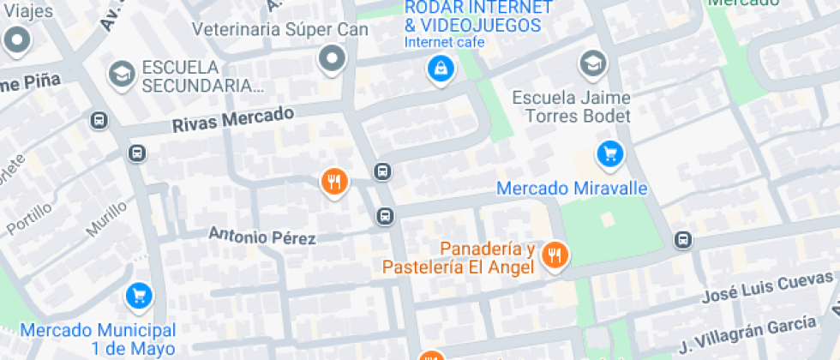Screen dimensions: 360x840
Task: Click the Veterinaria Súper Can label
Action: point(280,30)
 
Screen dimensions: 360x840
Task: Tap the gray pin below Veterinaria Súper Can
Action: point(331,59)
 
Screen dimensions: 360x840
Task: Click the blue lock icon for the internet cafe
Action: point(440,69)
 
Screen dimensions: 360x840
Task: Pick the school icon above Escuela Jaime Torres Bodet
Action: point(591,63)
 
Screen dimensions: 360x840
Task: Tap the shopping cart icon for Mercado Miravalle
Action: point(609,154)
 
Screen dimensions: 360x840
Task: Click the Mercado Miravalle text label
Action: point(572,188)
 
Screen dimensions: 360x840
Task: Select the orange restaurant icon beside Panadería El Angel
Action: point(556,254)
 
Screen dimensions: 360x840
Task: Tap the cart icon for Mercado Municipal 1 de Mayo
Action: point(139,296)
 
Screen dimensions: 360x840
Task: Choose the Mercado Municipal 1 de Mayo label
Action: point(98,339)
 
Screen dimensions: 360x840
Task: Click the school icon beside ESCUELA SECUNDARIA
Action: point(122,74)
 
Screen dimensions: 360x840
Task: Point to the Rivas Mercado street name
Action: point(232,118)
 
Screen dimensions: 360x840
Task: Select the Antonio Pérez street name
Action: point(262,236)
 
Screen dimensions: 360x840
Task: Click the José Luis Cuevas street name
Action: point(767,287)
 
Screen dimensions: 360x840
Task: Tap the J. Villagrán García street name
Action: point(747,333)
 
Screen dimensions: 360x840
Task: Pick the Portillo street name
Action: point(29,214)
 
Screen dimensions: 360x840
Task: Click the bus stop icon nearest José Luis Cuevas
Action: point(683,240)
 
